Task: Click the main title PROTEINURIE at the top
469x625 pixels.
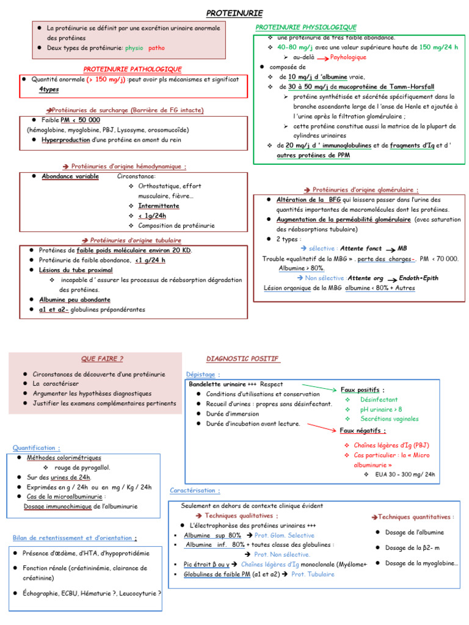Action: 234,12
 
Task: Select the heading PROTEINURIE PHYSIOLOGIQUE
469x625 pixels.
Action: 306,27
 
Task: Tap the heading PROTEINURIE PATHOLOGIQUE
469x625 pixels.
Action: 133,69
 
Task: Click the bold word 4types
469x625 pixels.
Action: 49,89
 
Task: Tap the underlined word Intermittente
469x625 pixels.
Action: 158,206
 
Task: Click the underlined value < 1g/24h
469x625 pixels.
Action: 152,215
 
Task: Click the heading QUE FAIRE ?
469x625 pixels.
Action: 102,358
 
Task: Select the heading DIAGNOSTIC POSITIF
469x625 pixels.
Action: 242,358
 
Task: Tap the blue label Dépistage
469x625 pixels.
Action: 202,374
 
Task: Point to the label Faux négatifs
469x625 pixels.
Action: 363,430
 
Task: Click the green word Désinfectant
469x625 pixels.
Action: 379,399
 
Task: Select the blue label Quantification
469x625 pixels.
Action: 36,447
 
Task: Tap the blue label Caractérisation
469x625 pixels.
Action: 195,490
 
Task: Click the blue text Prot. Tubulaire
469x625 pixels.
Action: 313,574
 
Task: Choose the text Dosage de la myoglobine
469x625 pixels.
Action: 421,563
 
